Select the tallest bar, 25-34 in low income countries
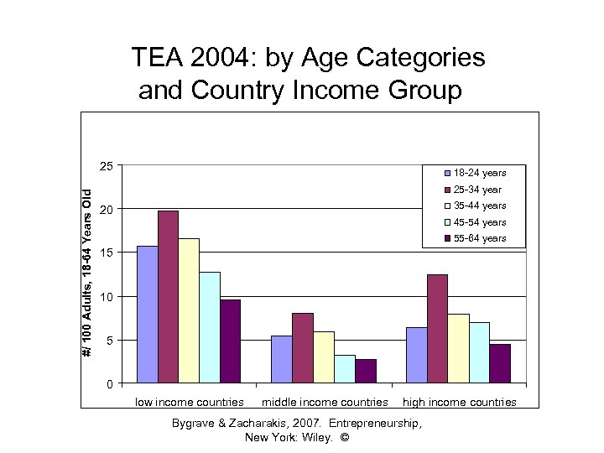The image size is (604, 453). (x=168, y=297)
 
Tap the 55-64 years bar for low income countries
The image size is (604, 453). (x=230, y=341)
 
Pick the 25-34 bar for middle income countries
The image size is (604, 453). (x=302, y=348)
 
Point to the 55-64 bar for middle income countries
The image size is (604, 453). (x=365, y=371)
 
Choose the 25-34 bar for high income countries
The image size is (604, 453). (x=437, y=329)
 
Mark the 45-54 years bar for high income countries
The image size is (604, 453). (x=479, y=352)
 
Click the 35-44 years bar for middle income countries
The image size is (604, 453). (x=323, y=357)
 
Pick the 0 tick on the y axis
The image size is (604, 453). (x=109, y=384)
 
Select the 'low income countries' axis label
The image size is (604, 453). (x=190, y=403)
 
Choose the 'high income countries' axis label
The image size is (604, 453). (x=460, y=403)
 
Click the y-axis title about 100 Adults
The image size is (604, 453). (x=87, y=272)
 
